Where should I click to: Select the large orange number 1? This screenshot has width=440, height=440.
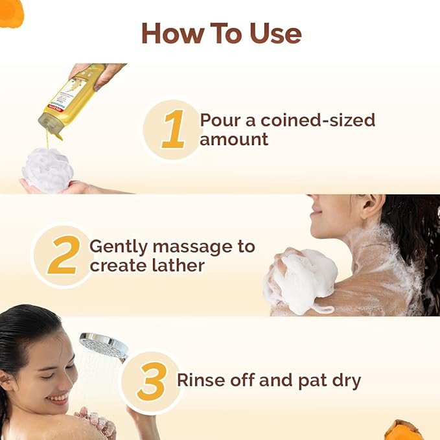tap(174, 129)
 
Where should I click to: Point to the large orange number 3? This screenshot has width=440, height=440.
tap(152, 381)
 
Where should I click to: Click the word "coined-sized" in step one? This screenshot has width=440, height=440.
tap(318, 121)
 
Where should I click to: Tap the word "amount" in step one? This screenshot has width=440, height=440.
tap(234, 139)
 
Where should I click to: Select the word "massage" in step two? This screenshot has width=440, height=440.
tap(192, 248)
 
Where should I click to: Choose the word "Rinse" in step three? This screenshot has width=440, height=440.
tap(201, 380)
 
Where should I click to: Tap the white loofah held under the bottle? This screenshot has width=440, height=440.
tap(48, 170)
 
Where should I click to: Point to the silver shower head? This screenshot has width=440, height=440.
tap(104, 346)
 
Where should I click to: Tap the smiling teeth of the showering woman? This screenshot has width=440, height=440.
tap(60, 398)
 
